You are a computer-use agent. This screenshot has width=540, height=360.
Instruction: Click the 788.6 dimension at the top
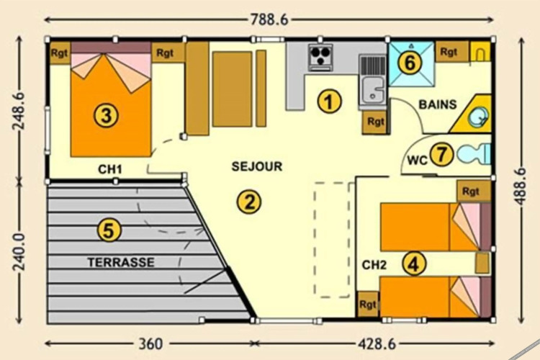pos(269,19)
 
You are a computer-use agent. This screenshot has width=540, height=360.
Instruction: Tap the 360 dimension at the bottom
pos(150,343)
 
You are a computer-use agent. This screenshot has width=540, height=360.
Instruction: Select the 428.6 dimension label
pos(377,343)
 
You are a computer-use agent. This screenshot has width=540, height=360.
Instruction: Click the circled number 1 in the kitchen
pos(329,102)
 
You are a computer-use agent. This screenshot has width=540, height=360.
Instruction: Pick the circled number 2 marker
pos(249,202)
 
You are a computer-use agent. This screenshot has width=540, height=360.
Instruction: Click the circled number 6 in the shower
pos(410,63)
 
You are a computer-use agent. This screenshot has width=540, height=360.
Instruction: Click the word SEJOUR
pos(257,166)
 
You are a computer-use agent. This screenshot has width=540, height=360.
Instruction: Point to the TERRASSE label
pos(121,263)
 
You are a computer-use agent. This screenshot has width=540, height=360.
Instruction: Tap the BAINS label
pos(438,104)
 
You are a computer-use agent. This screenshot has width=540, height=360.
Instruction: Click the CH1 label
pos(110,169)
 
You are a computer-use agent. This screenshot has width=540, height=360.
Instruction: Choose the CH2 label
pos(374,265)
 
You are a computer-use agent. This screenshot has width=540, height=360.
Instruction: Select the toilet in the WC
pos(474,153)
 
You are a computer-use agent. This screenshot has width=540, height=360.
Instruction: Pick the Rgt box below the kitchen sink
pos(375,122)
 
